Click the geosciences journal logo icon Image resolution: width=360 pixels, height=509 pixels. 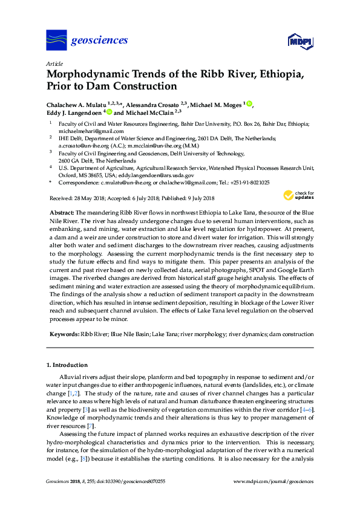point(56,41)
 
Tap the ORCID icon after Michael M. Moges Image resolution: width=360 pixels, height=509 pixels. point(249,104)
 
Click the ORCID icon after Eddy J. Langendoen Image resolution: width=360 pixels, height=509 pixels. point(108,112)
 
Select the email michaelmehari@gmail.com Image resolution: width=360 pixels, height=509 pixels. point(91,131)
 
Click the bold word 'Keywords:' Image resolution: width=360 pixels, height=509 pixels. point(64,334)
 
